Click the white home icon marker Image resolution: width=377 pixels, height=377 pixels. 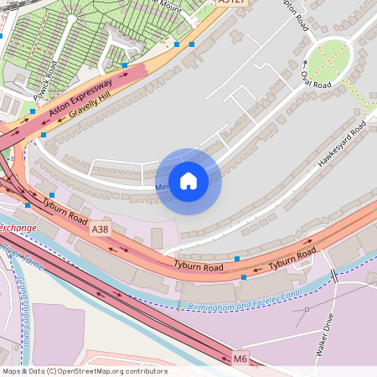coord(188,180)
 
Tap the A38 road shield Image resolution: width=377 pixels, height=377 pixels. coord(101,229)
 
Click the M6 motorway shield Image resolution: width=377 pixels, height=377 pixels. coord(241,359)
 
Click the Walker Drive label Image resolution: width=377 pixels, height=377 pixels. coord(325,335)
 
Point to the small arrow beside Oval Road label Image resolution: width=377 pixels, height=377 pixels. coord(304,63)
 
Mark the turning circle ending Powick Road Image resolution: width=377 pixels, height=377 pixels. coord(72,18)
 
